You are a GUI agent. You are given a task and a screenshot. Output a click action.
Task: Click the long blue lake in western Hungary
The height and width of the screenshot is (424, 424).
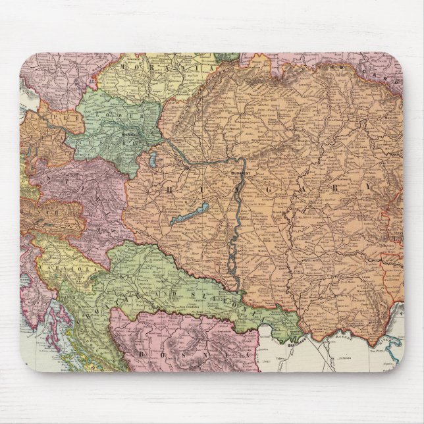click(x=190, y=214)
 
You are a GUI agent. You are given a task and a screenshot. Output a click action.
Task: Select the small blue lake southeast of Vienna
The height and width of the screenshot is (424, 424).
click(x=153, y=159)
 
